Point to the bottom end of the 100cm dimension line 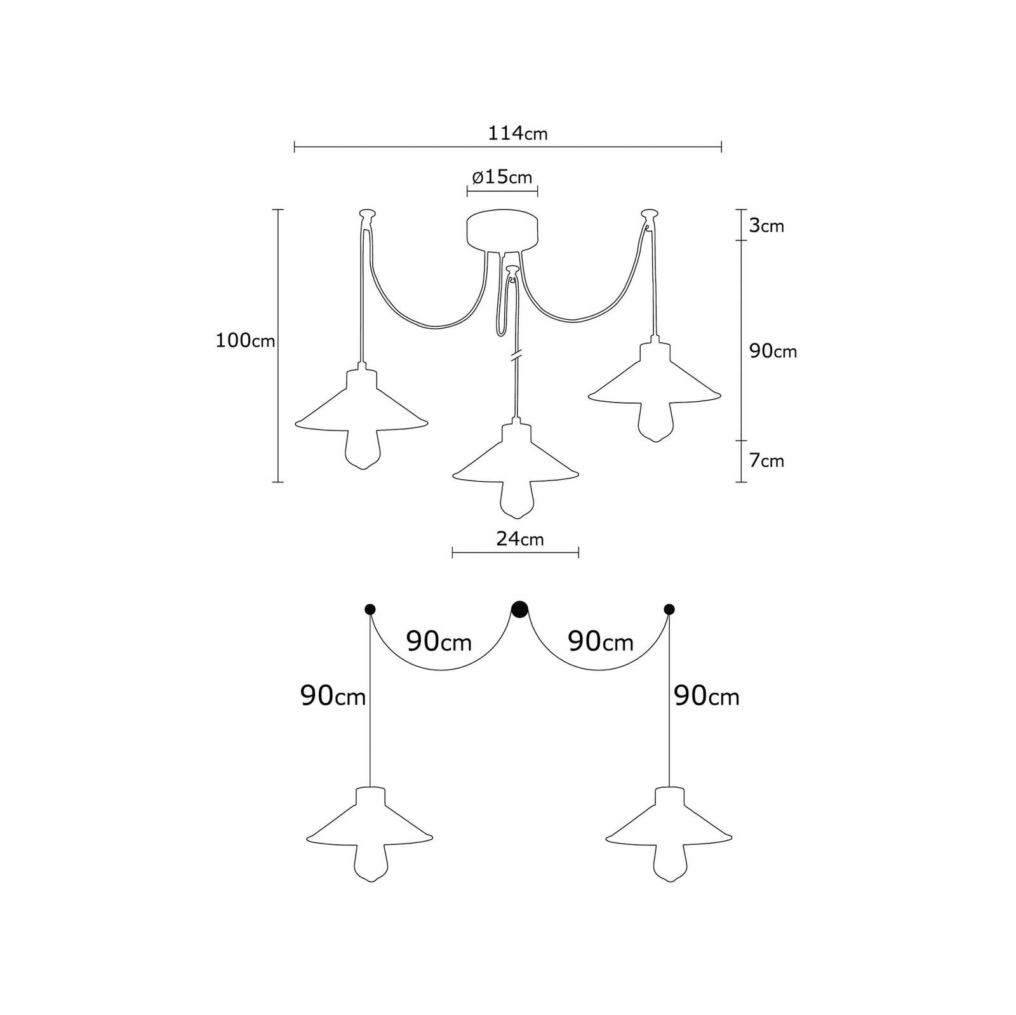(277, 482)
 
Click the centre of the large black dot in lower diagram (519, 609)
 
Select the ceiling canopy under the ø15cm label (502, 231)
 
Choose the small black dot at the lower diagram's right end (669, 609)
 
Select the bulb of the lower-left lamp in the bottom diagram (370, 864)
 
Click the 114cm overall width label (518, 133)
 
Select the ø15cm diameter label (502, 177)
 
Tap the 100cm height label (246, 341)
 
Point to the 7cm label (766, 461)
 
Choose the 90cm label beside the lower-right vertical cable (707, 697)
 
